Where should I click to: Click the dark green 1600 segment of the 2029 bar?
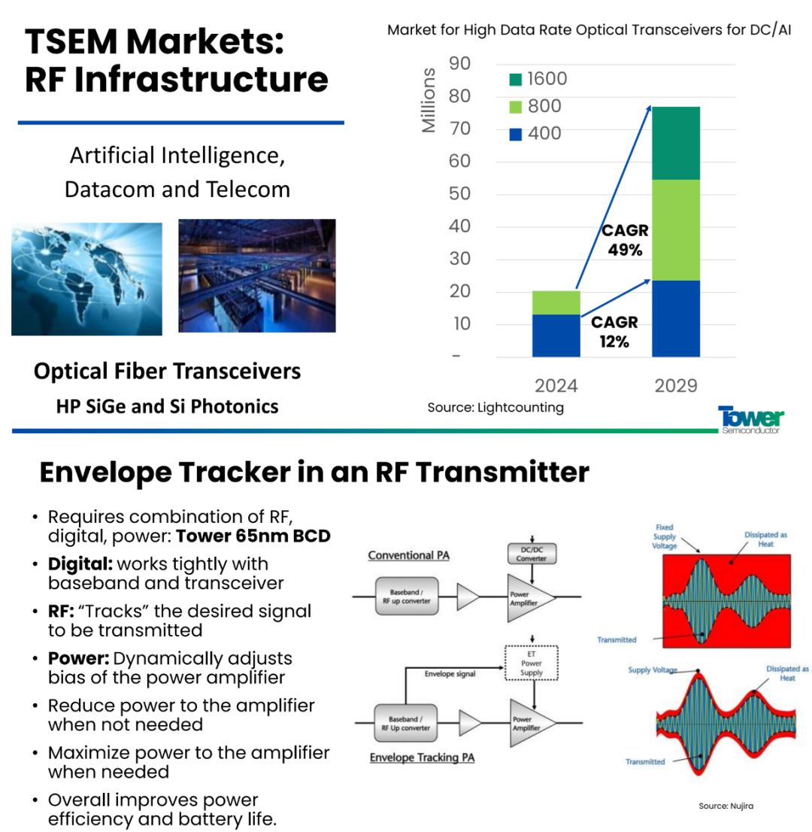(x=676, y=143)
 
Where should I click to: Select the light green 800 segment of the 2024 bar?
(x=556, y=302)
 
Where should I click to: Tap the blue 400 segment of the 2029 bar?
(x=676, y=318)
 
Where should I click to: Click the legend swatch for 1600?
(x=515, y=80)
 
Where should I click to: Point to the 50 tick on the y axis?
(x=459, y=193)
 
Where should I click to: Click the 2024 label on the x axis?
(x=556, y=386)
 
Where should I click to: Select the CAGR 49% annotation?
(x=625, y=240)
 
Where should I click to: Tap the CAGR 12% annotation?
(x=614, y=332)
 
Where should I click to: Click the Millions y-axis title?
(x=428, y=100)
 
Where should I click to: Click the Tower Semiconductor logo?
(x=750, y=420)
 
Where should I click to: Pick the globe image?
(x=87, y=279)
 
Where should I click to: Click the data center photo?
(x=256, y=276)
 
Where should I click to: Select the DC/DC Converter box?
(x=532, y=554)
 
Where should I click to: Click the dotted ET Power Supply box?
(x=532, y=663)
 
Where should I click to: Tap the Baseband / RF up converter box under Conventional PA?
(x=407, y=597)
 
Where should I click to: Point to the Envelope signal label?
(x=450, y=674)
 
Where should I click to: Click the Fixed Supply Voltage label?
(x=664, y=536)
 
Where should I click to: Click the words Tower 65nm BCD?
(x=253, y=536)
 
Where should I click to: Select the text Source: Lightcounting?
(x=495, y=408)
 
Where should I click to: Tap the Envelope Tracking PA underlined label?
(x=423, y=758)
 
